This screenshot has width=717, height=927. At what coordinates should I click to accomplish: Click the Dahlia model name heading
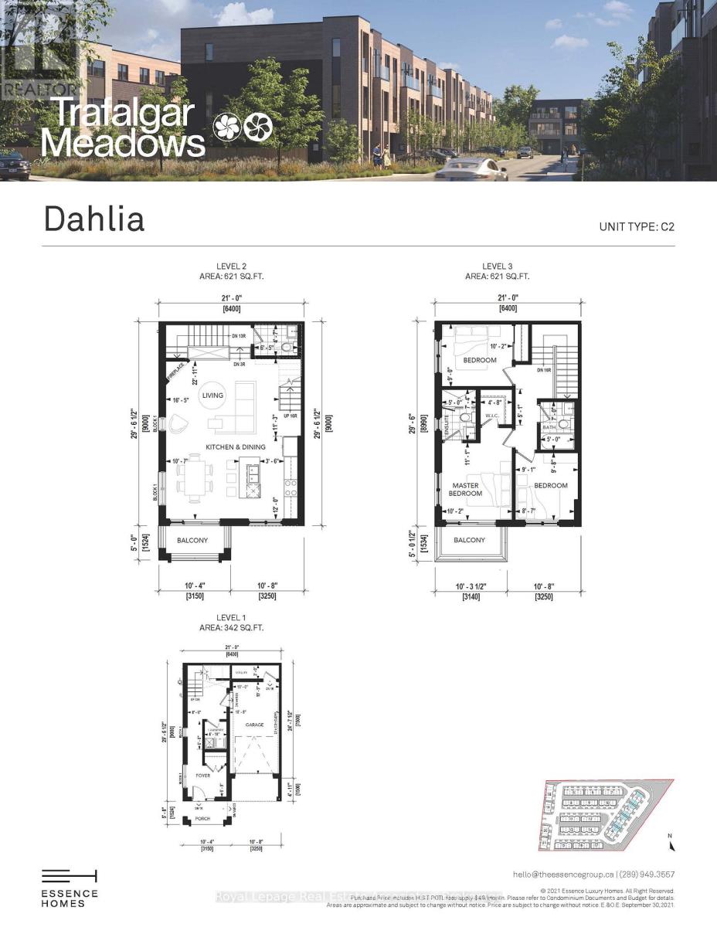(94, 219)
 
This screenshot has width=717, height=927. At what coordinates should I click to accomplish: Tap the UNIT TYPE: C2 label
(637, 227)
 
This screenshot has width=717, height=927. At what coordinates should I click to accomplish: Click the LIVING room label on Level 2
(212, 396)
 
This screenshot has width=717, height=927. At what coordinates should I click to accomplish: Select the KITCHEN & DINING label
(235, 447)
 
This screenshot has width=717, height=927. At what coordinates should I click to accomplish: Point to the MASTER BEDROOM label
(467, 489)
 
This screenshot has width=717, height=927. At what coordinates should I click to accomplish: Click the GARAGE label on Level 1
(255, 725)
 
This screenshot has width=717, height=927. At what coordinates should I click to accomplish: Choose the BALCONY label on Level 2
(192, 541)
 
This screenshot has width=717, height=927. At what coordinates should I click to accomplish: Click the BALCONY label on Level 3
(469, 540)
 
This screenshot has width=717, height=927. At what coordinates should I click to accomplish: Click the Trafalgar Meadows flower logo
(243, 127)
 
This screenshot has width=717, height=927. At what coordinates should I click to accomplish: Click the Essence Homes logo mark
(70, 875)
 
